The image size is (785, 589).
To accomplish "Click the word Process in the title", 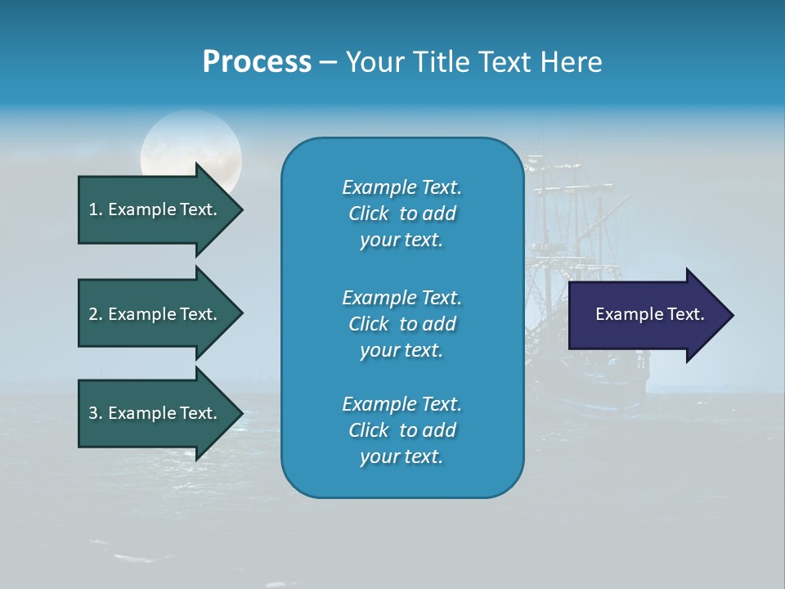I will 257,62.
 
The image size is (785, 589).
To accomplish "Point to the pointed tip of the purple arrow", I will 731,315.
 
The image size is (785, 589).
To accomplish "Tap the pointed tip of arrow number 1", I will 240,209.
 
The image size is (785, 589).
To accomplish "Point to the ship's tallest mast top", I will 539,155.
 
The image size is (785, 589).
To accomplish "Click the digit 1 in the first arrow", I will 92,209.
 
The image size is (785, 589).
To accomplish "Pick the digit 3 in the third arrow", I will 92,413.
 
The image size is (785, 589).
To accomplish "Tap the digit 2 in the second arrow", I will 92,314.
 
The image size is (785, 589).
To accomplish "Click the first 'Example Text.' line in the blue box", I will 401,187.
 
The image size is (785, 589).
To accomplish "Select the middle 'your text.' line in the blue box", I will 401,349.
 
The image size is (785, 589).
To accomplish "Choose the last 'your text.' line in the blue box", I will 401,456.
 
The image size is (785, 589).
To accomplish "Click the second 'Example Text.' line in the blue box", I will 401,297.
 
